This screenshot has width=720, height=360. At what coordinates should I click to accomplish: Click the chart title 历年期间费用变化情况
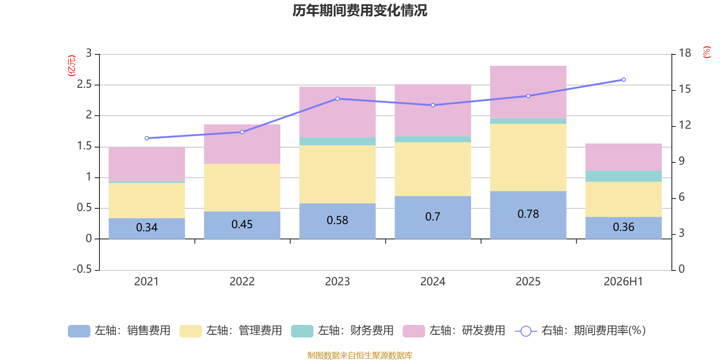click(x=360, y=11)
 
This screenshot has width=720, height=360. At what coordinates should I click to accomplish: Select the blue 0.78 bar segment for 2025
click(x=528, y=215)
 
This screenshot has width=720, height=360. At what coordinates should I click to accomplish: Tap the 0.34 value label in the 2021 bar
click(x=147, y=228)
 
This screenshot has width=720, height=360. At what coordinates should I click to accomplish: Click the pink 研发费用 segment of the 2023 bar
click(x=337, y=112)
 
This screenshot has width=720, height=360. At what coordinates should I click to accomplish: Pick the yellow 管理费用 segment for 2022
click(x=242, y=188)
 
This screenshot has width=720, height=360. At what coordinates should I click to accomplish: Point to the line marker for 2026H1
click(x=624, y=80)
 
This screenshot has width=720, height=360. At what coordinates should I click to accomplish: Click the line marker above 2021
click(x=147, y=138)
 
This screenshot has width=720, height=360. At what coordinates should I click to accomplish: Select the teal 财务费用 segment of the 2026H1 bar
click(x=624, y=176)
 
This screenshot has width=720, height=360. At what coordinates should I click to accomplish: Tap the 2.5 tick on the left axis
click(x=84, y=84)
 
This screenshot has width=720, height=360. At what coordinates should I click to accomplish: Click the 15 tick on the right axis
click(x=684, y=89)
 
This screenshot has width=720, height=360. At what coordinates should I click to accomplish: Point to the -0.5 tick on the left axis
click(x=82, y=269)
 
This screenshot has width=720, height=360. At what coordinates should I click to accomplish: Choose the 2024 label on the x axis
click(x=432, y=282)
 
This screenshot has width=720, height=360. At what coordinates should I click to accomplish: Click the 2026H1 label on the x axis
click(x=623, y=282)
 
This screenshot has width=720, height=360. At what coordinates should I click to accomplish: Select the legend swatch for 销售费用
click(x=79, y=331)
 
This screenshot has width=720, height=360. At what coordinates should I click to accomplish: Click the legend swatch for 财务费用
click(x=302, y=331)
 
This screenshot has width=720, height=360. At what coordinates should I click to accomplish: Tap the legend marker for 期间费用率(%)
click(x=526, y=331)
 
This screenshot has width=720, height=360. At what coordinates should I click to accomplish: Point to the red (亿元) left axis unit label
click(x=72, y=66)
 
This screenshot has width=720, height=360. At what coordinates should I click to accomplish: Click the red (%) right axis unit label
click(x=706, y=52)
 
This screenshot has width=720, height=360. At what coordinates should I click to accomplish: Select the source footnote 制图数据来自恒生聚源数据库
click(x=360, y=355)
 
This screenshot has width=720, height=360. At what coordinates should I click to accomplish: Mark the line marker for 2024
click(x=433, y=105)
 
